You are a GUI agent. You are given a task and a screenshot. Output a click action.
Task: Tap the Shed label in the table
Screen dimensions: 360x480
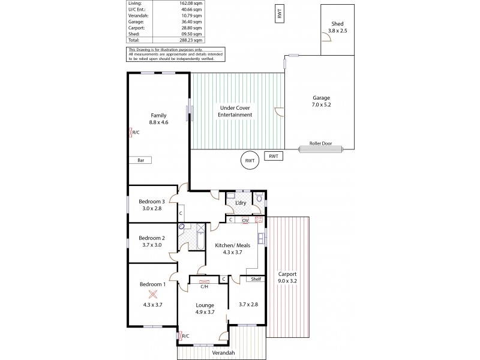click(x=133, y=35)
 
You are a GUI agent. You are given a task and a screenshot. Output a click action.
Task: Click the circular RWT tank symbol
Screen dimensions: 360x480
click(x=249, y=161)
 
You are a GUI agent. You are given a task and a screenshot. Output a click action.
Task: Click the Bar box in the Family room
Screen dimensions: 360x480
click(x=140, y=160)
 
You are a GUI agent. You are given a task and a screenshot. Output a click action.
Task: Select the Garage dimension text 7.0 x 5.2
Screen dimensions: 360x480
click(x=321, y=104)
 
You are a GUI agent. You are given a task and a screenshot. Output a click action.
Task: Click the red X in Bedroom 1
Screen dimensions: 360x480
click(x=153, y=293)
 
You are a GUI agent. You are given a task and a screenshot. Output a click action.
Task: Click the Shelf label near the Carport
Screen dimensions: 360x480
click(x=256, y=278)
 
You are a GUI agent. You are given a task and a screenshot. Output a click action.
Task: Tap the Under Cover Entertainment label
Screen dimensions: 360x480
click(x=235, y=111)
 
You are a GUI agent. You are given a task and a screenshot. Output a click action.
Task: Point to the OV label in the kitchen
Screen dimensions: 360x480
click(x=245, y=220)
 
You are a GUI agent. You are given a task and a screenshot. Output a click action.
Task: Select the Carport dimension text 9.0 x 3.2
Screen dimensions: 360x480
click(x=288, y=280)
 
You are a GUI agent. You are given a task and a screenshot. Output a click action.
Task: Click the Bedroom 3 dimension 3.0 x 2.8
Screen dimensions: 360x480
click(x=152, y=208)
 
